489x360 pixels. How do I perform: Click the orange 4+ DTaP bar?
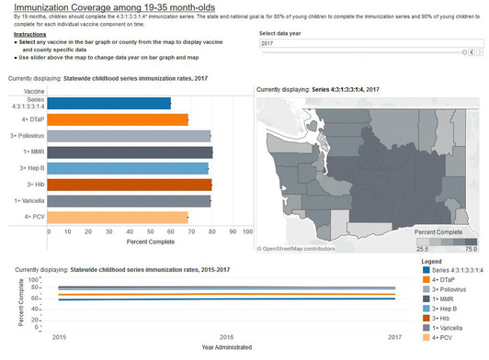tap(120, 119)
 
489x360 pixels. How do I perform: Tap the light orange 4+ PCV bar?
tap(120, 217)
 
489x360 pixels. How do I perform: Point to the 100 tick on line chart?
tap(34, 278)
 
